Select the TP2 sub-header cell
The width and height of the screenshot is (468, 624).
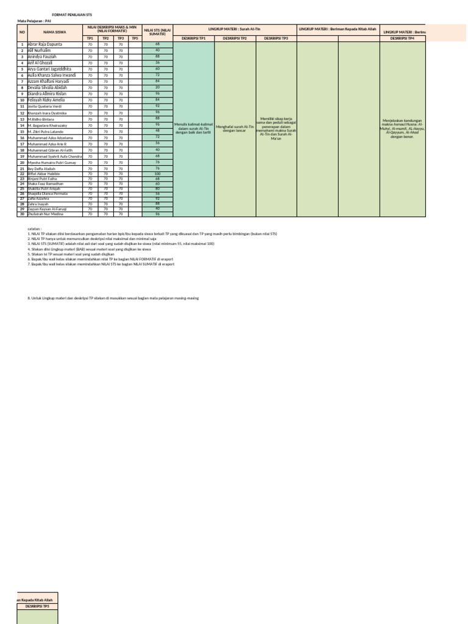coord(105,38)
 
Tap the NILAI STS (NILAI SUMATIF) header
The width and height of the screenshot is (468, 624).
coord(157,31)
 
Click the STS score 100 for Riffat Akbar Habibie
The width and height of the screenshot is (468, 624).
coord(157,174)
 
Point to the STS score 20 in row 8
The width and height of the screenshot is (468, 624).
coord(157,88)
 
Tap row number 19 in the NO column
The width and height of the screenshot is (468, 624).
coord(22,157)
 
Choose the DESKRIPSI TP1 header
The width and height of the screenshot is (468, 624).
coord(194,38)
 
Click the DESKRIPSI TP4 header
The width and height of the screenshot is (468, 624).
coord(403,38)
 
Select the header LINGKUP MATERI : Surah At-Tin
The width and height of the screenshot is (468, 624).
coord(235,29)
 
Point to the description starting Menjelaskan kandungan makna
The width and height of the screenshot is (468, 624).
coord(403,128)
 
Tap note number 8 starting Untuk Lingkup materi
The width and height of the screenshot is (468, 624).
coord(113,298)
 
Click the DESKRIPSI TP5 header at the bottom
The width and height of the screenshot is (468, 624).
coord(37,607)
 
